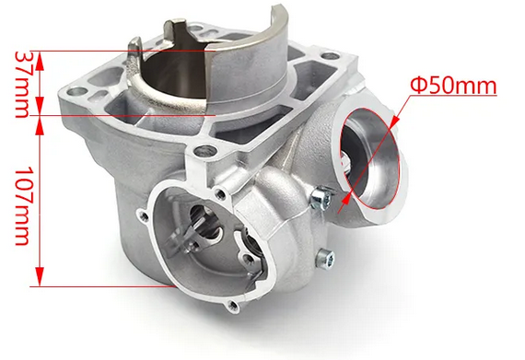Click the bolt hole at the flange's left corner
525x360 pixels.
pyautogui.click(x=75, y=94)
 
